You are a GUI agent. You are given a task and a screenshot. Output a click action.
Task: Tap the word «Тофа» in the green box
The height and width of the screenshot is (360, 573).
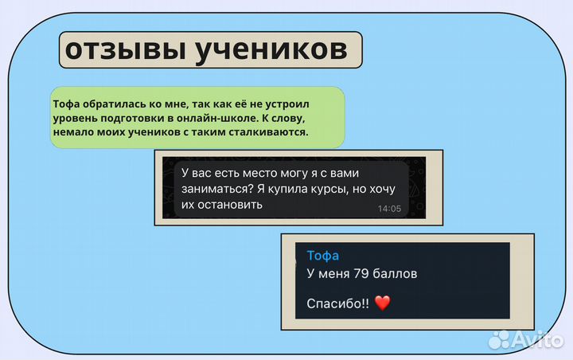[66, 104]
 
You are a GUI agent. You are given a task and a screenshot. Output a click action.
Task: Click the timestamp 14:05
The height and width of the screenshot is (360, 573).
[389, 209]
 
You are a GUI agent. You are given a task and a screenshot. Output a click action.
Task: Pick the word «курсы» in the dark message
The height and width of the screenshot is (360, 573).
[329, 189]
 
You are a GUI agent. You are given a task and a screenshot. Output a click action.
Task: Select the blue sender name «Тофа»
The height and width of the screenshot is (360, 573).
[322, 255]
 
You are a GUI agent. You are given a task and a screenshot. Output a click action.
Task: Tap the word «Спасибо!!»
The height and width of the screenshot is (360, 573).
[338, 303]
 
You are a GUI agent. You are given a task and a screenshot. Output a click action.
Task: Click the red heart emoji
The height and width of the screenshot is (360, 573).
[383, 303]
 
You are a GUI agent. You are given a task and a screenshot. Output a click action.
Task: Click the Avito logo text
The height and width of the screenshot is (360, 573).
[540, 340]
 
